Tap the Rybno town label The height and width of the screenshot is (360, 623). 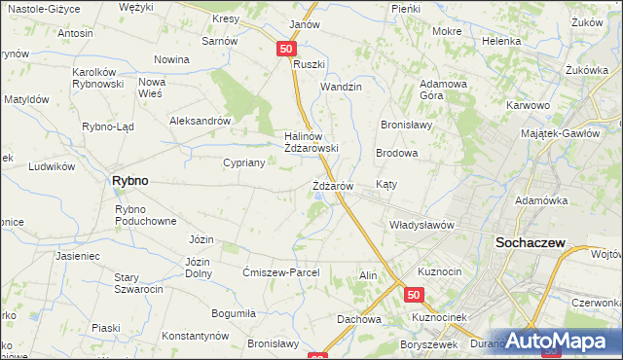[x=129, y=181]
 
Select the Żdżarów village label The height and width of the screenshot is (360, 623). [x=339, y=185]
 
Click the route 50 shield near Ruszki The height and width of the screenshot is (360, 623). [x=285, y=48]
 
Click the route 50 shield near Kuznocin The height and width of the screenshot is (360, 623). [x=415, y=295]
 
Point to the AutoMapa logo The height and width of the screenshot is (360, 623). [x=560, y=341]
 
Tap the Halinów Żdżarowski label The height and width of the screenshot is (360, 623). [x=311, y=142]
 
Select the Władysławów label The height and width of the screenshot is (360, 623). [x=422, y=225]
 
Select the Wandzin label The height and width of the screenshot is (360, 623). [x=342, y=87]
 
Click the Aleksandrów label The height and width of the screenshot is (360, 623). [x=199, y=122]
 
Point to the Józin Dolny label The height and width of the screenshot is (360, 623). [x=199, y=267]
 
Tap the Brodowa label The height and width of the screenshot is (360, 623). [x=397, y=154]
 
